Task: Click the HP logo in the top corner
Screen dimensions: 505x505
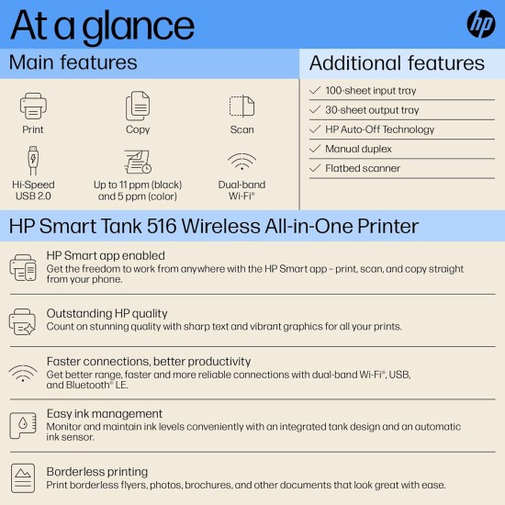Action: [480, 25]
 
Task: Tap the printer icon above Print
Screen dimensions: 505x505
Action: [33, 106]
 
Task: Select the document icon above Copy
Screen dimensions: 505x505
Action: [138, 106]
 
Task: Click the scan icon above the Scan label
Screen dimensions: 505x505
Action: [241, 106]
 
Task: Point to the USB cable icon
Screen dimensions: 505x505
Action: [33, 161]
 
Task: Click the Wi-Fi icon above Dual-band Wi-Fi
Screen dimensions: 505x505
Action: [241, 163]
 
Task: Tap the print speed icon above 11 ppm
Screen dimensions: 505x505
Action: [138, 162]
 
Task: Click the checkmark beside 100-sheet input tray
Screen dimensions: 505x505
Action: [316, 91]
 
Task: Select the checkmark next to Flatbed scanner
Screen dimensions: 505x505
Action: [316, 169]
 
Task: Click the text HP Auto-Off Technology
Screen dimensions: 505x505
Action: [379, 129]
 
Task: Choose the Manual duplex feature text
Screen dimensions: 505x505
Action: [358, 149]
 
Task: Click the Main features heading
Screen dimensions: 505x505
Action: [73, 62]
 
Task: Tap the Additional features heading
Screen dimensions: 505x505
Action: [397, 63]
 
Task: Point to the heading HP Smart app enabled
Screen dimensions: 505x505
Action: [106, 256]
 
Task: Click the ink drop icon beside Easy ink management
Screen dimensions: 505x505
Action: [23, 424]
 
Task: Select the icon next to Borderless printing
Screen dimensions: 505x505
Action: [23, 477]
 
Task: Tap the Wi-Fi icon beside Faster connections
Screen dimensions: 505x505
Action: [23, 374]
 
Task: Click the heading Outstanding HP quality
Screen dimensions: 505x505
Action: [107, 312]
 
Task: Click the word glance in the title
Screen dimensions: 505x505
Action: [138, 28]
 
